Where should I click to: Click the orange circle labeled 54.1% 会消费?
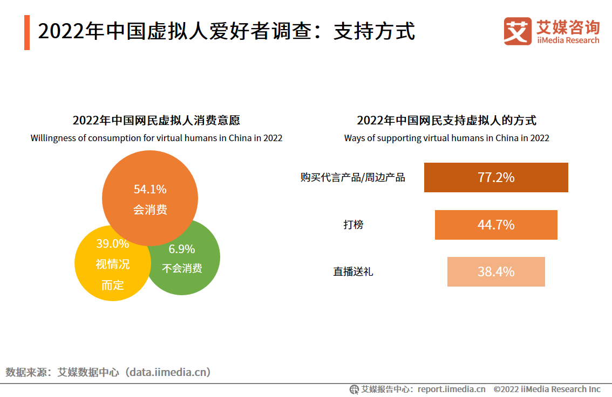point(150,198)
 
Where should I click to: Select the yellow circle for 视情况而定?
point(108,269)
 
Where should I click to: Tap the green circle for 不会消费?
point(189,264)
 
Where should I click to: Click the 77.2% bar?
point(496,177)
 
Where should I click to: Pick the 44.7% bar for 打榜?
point(496,225)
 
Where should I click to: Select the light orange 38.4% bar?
point(496,271)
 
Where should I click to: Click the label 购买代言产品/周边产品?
point(352,177)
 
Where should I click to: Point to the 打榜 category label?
point(353,225)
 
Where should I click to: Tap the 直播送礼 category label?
point(353,272)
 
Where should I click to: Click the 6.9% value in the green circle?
point(182,249)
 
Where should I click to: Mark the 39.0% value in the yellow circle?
point(112,243)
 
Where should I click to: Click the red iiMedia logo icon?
point(518,31)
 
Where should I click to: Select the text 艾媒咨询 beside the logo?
point(568,26)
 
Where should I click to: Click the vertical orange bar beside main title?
point(27,32)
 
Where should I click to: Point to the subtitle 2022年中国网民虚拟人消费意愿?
point(156,120)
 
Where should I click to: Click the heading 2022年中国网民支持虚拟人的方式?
point(446,120)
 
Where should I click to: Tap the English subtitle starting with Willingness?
point(156,138)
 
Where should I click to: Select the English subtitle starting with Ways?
point(446,138)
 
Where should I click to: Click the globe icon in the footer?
point(354,389)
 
